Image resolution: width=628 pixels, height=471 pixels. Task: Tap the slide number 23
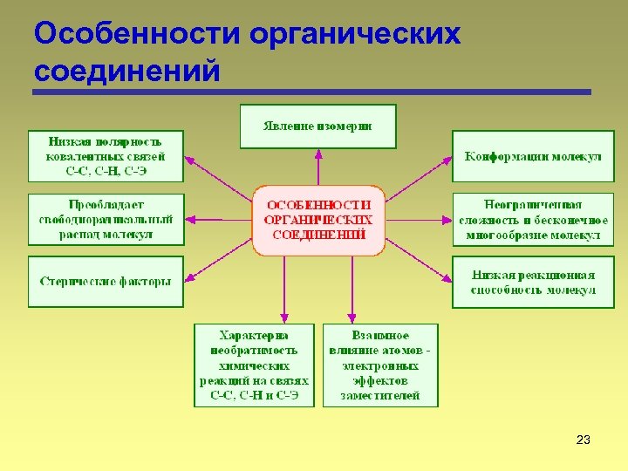pos(584,440)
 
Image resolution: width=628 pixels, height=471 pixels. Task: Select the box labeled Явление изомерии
pos(317,126)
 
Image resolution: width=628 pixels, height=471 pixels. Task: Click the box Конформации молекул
pos(533,156)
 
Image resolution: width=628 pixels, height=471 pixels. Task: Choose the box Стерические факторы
pos(106,282)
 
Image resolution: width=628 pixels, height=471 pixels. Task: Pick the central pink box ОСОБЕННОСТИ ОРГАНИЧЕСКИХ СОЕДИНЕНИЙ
pos(318,220)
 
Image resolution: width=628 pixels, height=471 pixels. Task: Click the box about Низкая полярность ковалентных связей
pos(106,156)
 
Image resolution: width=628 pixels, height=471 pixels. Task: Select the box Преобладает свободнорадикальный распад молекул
pos(106,219)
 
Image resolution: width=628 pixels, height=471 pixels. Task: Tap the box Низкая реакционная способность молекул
pos(533,282)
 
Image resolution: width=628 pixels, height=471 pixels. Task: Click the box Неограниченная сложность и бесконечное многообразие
pos(533,219)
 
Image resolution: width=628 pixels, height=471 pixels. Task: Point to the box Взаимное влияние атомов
pos(380,365)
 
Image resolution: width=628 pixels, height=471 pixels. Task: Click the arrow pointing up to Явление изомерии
pos(318,166)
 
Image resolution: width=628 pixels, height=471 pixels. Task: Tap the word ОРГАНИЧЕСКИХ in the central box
pos(318,220)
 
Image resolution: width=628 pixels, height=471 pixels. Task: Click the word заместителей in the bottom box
pos(380,395)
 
